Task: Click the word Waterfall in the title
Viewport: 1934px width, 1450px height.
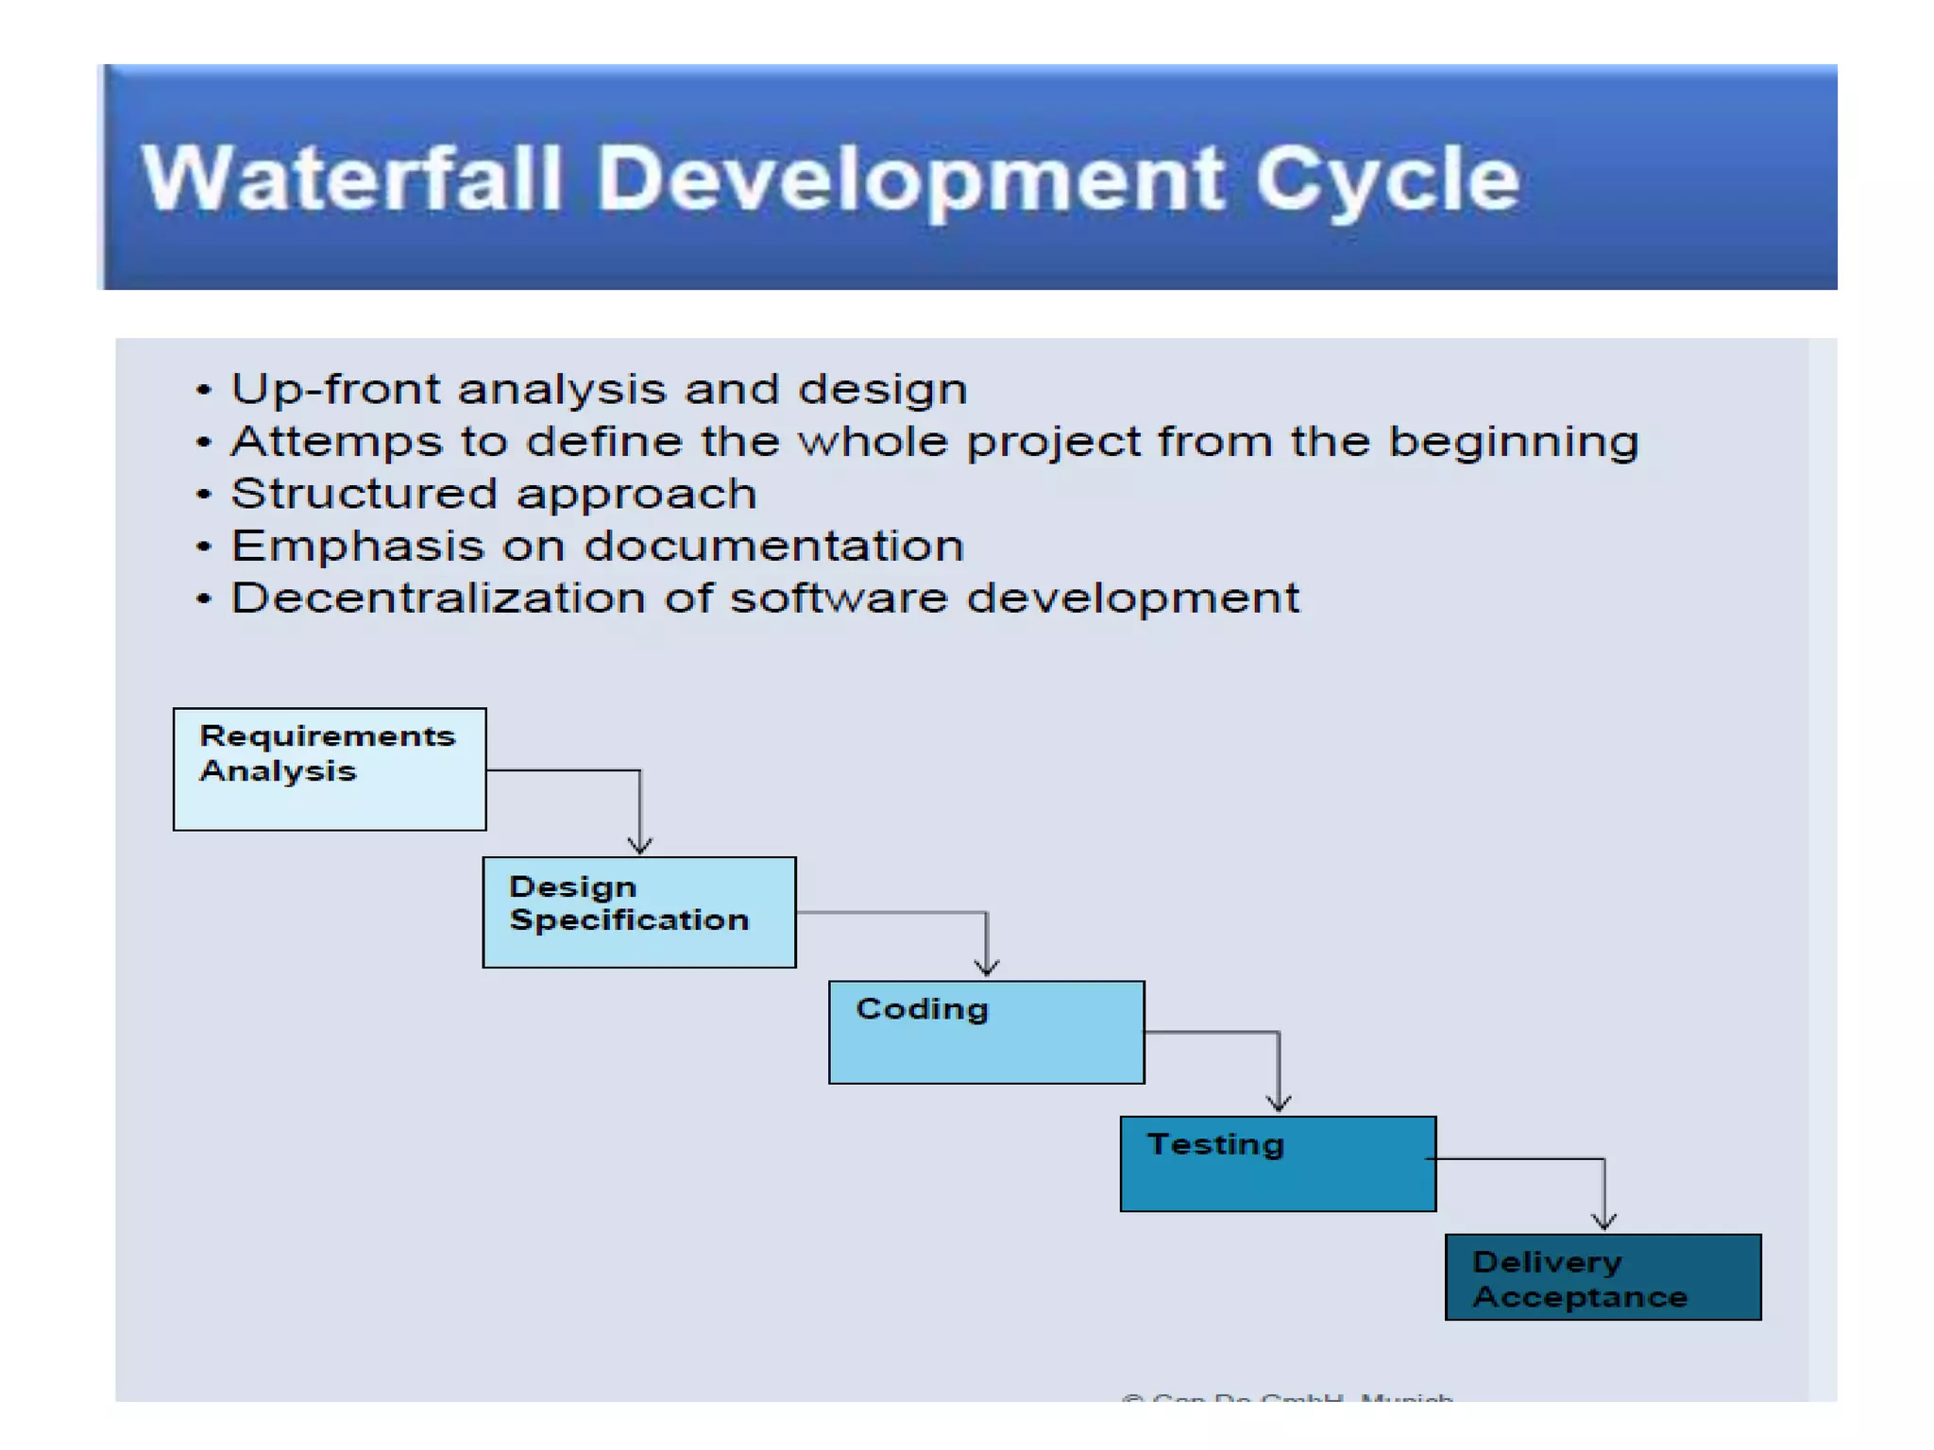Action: pos(351,178)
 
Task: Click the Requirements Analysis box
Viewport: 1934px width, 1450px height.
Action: pos(330,769)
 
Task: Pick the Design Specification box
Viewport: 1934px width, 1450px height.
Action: pos(638,912)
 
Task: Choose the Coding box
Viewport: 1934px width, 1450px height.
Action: pos(986,1032)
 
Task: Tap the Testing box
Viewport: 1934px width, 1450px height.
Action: pos(1277,1163)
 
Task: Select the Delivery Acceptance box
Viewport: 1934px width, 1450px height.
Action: pos(1603,1277)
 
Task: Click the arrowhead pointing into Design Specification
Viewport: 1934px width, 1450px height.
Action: pos(640,845)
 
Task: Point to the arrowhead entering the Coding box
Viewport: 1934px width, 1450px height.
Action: pos(987,968)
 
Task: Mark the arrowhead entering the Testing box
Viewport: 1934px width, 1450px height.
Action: pos(1279,1103)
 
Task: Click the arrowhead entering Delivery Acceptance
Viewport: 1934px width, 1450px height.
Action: pos(1604,1221)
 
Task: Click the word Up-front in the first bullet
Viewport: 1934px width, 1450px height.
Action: pos(335,389)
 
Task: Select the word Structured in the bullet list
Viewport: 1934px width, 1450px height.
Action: pos(364,494)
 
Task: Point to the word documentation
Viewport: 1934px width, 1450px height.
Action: pos(774,546)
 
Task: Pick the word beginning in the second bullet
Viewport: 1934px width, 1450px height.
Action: pos(1514,442)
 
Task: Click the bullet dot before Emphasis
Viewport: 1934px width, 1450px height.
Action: pos(203,547)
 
